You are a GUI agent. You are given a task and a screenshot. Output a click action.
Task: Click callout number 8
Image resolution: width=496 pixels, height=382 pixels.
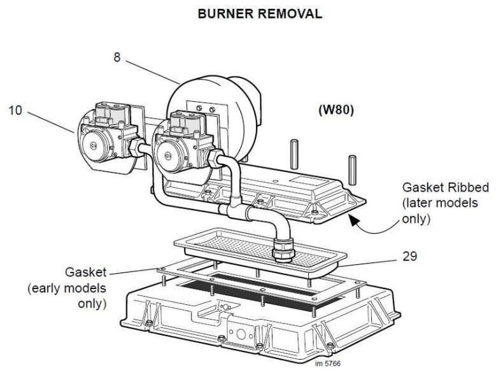(117, 57)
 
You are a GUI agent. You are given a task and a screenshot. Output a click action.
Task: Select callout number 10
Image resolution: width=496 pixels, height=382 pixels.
(14, 110)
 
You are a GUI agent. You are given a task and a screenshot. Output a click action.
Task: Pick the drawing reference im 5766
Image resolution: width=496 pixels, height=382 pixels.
(328, 365)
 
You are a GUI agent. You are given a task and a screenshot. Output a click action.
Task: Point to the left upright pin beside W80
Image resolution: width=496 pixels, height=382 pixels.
(295, 152)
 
